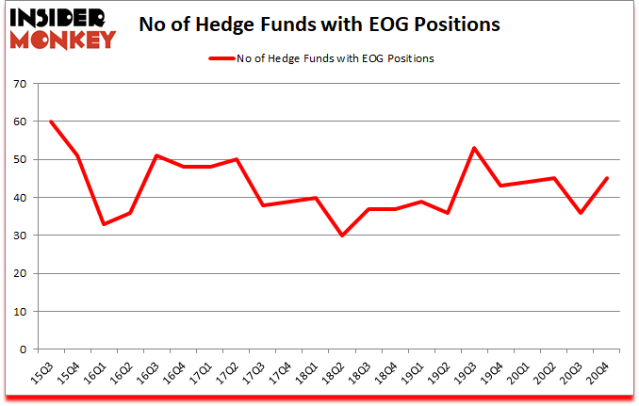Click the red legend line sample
click(221, 58)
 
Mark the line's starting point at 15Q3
click(51, 122)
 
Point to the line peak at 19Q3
click(474, 148)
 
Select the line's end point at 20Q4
click(607, 178)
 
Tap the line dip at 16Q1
click(104, 223)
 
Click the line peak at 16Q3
click(156, 155)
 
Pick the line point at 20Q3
click(581, 213)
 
